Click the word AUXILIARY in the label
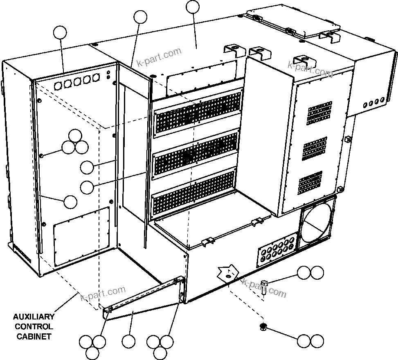click(34, 317)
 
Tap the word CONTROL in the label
click(34, 326)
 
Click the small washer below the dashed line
click(263, 326)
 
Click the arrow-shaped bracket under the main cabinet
click(227, 272)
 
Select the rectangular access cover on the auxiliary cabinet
click(82, 235)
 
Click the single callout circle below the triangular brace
click(128, 341)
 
